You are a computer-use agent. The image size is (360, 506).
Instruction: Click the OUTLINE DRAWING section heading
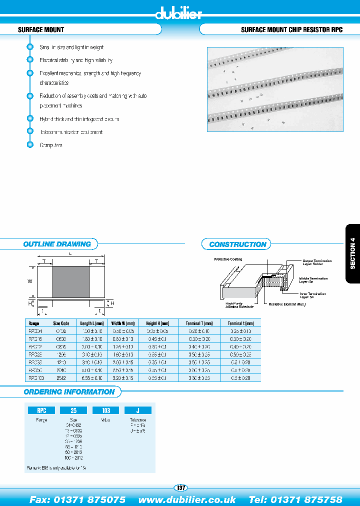[57, 244]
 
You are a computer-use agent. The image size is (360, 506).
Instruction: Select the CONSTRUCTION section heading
[237, 244]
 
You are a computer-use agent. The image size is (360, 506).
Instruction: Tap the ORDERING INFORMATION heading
[69, 392]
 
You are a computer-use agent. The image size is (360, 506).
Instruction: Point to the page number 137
[180, 487]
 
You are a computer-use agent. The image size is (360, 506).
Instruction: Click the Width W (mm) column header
[123, 323]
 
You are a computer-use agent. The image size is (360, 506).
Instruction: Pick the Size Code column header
[61, 323]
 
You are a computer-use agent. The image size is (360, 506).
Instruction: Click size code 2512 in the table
[61, 378]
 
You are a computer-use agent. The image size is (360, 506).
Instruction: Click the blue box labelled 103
[106, 410]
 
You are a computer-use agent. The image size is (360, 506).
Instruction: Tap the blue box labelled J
[137, 410]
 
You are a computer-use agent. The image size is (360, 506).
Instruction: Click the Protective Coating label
[228, 259]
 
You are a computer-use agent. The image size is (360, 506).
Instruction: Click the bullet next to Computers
[29, 145]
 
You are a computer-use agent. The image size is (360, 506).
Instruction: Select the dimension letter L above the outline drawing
[70, 254]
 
